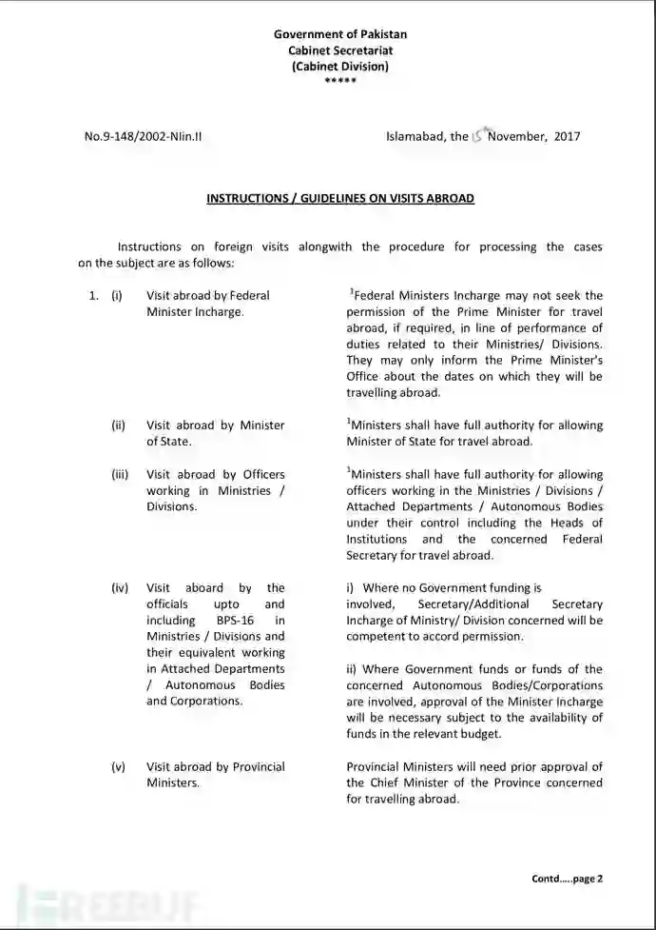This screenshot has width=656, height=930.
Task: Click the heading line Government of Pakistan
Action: [339, 35]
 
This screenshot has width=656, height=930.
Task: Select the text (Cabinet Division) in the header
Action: [339, 66]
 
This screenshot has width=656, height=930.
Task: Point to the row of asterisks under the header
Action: [339, 81]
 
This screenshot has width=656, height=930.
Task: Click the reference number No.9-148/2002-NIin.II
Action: [143, 136]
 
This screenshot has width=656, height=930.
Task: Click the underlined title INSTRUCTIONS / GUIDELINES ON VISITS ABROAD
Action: [339, 199]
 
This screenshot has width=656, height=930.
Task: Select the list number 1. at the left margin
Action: [94, 295]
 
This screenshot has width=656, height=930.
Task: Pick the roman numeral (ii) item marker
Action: [118, 425]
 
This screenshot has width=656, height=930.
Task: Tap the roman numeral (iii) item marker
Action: [119, 474]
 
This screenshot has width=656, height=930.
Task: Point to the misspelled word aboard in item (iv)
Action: [205, 588]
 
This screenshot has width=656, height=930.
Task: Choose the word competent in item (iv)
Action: [376, 636]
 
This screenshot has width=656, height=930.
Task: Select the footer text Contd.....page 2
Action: [567, 879]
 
